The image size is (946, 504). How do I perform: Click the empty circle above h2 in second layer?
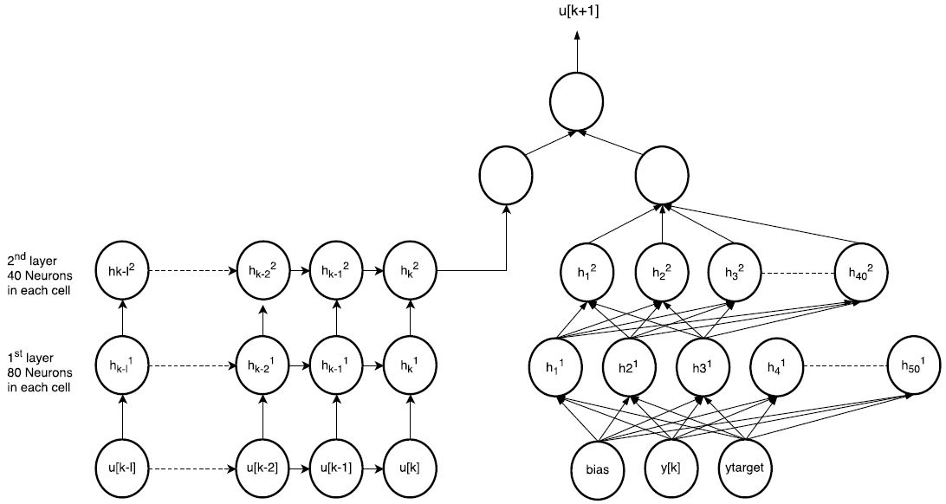pyautogui.click(x=663, y=176)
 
